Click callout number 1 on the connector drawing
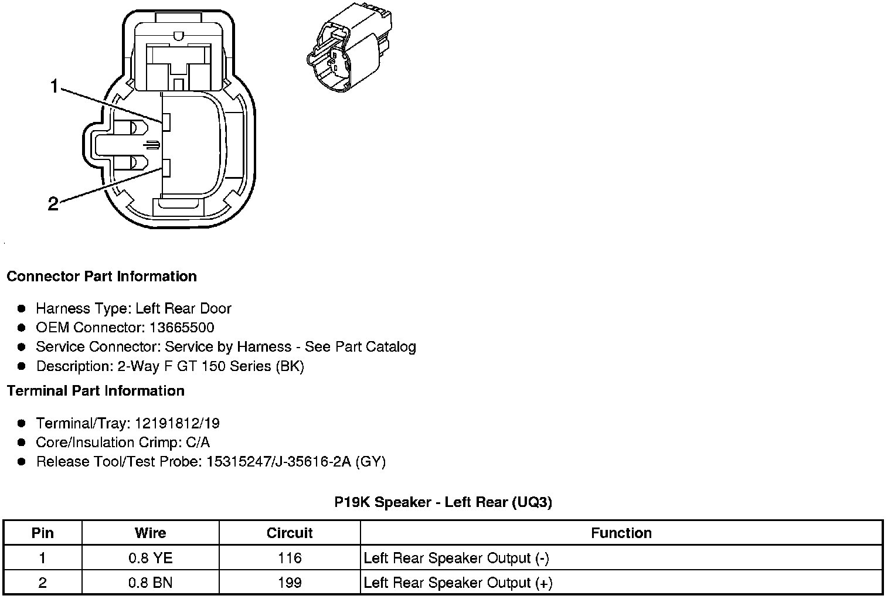pyautogui.click(x=54, y=87)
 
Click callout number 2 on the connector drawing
pyautogui.click(x=53, y=204)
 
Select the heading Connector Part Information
pyautogui.click(x=101, y=277)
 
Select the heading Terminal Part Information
pyautogui.click(x=96, y=391)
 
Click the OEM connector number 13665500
pyautogui.click(x=183, y=328)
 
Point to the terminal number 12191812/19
pyautogui.click(x=177, y=424)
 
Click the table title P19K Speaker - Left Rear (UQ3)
pyautogui.click(x=443, y=502)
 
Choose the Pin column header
pyautogui.click(x=42, y=533)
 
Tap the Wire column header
pyautogui.click(x=150, y=533)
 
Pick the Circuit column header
pyautogui.click(x=290, y=533)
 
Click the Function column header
pyautogui.click(x=621, y=533)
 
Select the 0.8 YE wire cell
pyautogui.click(x=150, y=558)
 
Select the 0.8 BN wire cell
pyautogui.click(x=150, y=583)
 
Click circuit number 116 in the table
pyautogui.click(x=290, y=558)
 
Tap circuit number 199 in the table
pyautogui.click(x=290, y=583)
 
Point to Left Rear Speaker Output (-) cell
pyautogui.click(x=456, y=558)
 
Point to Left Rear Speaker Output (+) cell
pyautogui.click(x=458, y=583)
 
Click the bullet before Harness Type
pyautogui.click(x=22, y=308)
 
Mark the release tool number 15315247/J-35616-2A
pyautogui.click(x=278, y=462)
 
